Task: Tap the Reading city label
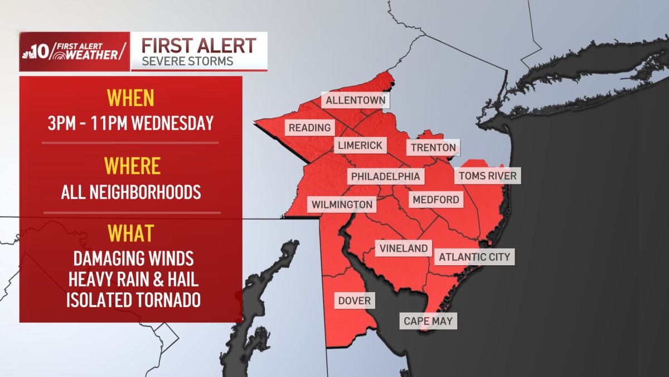click(x=309, y=128)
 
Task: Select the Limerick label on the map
click(x=360, y=146)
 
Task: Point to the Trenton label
click(x=433, y=148)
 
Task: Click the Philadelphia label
click(x=385, y=176)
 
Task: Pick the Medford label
click(x=435, y=199)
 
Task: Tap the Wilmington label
click(x=342, y=204)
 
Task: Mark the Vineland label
click(x=404, y=249)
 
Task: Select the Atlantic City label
click(x=474, y=257)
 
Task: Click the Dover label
click(x=354, y=301)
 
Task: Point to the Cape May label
click(x=428, y=321)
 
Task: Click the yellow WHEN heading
click(x=130, y=98)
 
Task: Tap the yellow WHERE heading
click(x=132, y=166)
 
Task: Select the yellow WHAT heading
click(x=131, y=233)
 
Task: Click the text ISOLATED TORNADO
click(x=133, y=300)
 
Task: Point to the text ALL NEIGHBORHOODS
click(x=131, y=193)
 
